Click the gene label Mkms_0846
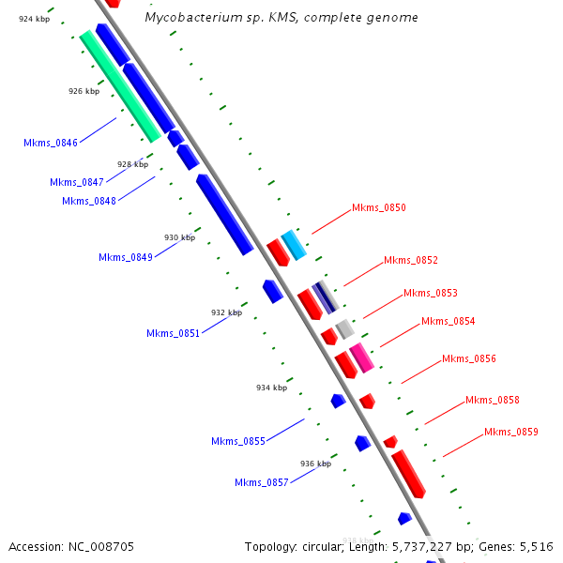(51, 143)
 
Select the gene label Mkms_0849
(125, 257)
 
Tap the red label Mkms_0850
(378, 207)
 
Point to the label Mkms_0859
(511, 432)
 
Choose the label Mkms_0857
(261, 482)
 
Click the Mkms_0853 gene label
(431, 293)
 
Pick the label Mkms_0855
(237, 441)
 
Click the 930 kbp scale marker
(179, 237)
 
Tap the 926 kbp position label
(84, 91)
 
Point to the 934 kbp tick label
(271, 387)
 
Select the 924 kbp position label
(34, 19)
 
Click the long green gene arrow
(120, 86)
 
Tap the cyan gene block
(294, 246)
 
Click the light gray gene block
(345, 328)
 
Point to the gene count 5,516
(535, 546)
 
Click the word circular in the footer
(324, 546)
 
